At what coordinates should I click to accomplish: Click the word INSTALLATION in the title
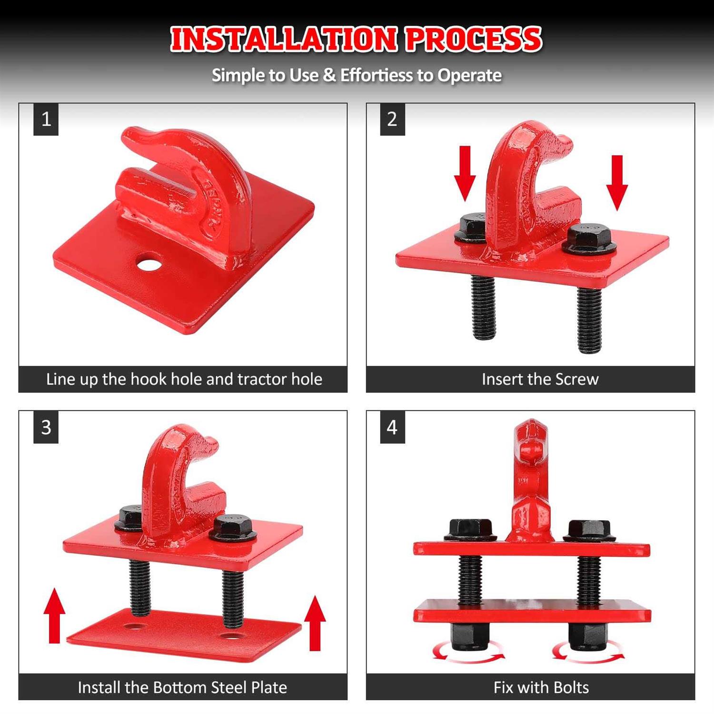[x=283, y=39]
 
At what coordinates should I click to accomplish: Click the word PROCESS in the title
[x=474, y=39]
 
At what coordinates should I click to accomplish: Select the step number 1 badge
[x=46, y=119]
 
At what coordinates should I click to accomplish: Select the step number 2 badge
[x=392, y=119]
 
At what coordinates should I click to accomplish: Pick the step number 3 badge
[x=46, y=427]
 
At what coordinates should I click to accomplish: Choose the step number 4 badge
[x=392, y=427]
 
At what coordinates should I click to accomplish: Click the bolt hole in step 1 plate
[x=149, y=262]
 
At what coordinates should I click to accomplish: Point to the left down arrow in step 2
[x=465, y=174]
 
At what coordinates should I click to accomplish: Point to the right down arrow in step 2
[x=617, y=183]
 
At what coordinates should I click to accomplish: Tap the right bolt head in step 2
[x=589, y=239]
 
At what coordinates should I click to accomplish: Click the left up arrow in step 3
[x=54, y=615]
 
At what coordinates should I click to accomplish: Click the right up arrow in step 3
[x=315, y=623]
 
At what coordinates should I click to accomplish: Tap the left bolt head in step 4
[x=470, y=530]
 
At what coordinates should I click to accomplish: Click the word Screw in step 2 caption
[x=577, y=379]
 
